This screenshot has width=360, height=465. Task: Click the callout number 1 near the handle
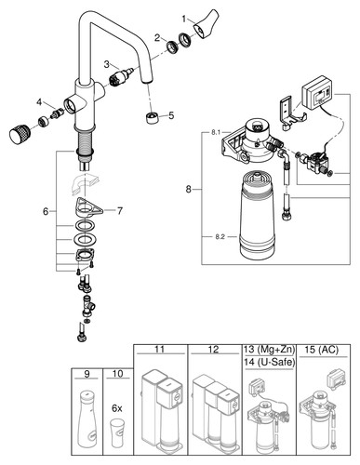[x=184, y=20]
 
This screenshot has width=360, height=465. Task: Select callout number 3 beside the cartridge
[x=107, y=64]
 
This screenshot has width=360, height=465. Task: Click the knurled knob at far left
[x=19, y=133]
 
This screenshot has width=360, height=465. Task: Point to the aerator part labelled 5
[x=152, y=118]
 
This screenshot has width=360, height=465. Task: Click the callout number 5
[x=171, y=115]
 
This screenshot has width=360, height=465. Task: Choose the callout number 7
[x=120, y=211]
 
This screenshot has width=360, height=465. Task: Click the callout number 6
[x=46, y=212]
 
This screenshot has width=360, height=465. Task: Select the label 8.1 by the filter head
[x=216, y=132]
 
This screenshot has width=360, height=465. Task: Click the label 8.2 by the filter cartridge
[x=220, y=237]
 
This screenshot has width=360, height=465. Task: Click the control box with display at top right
[x=317, y=92]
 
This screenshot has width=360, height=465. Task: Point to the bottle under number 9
[x=87, y=418]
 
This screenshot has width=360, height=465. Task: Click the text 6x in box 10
[x=117, y=408]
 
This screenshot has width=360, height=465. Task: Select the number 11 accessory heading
[x=159, y=350]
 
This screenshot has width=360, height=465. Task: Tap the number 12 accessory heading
[x=214, y=350]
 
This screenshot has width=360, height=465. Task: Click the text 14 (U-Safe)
[x=269, y=362]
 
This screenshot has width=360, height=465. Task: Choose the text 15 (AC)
[x=322, y=350]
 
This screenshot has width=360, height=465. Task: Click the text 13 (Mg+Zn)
[x=269, y=350]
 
